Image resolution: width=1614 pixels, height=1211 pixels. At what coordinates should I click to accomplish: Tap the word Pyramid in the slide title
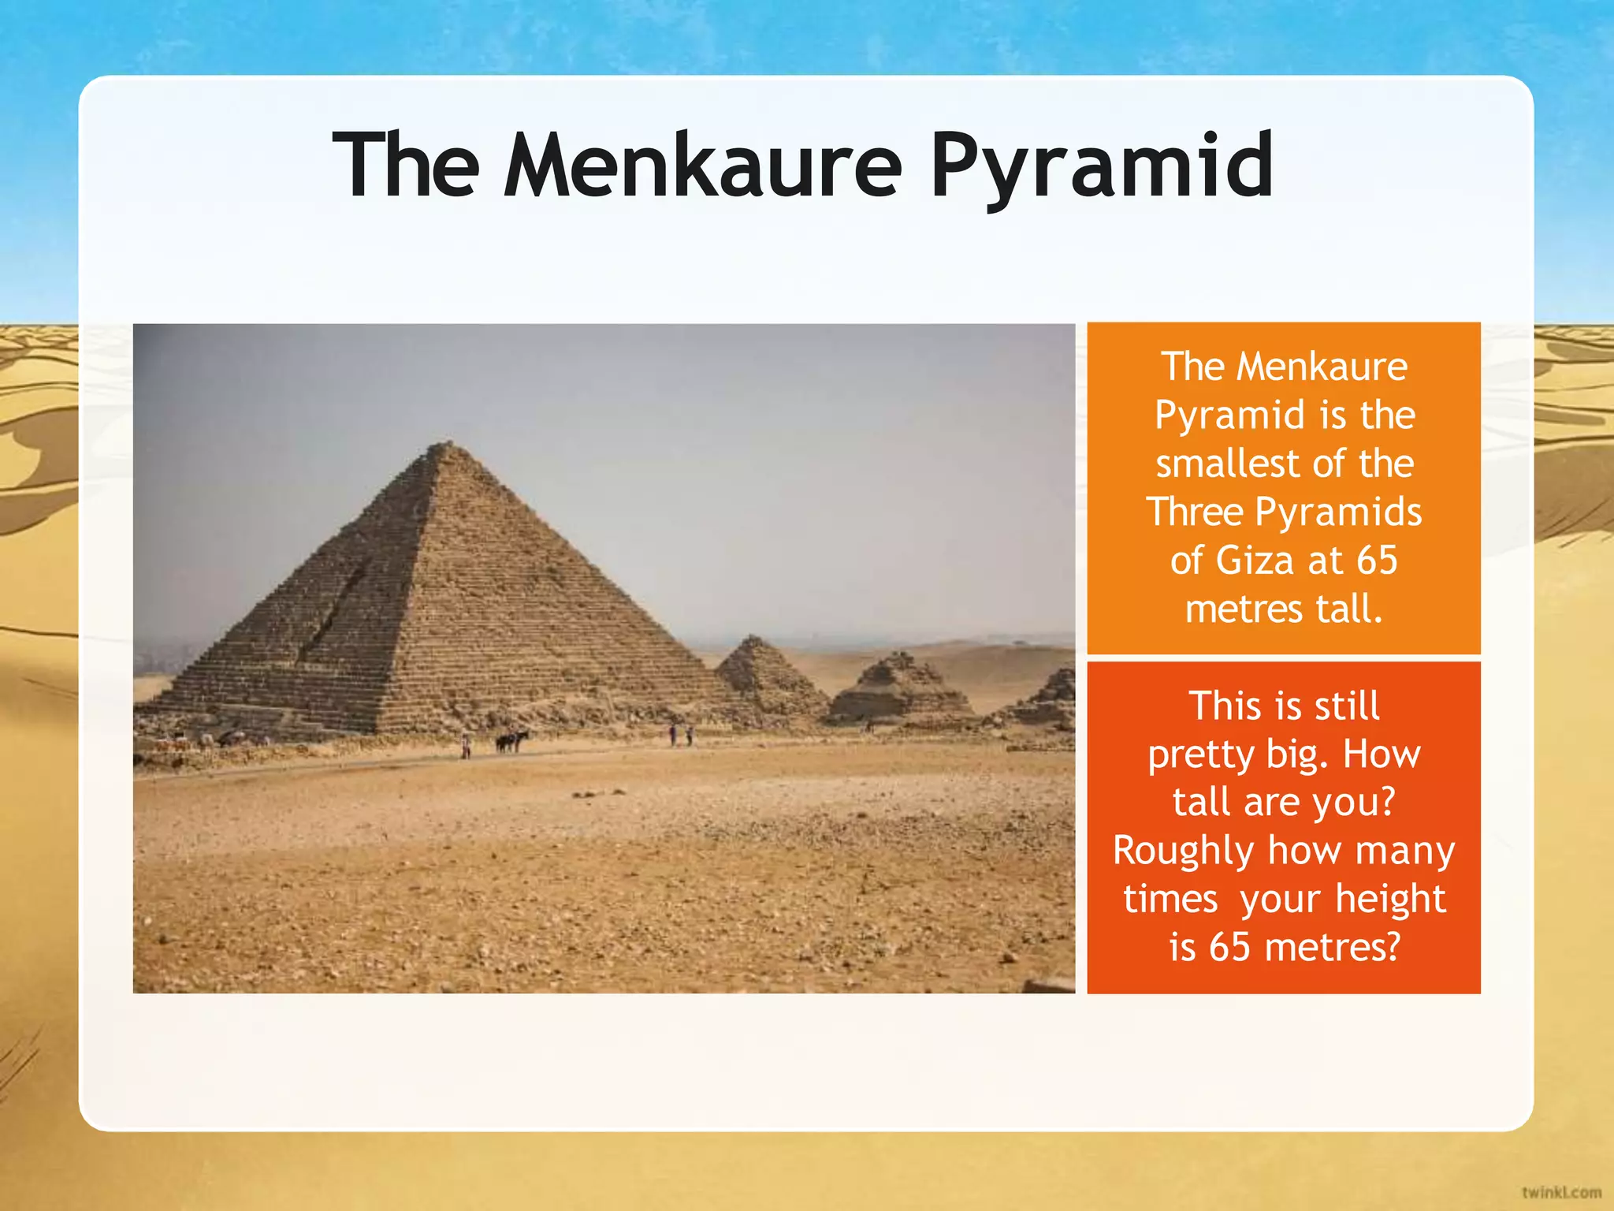pos(1101,167)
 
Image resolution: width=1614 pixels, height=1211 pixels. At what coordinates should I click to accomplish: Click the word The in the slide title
pos(406,166)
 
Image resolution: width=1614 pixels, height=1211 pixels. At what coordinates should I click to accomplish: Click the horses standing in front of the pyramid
pos(511,741)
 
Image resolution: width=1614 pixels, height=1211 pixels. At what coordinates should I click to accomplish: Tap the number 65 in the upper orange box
pos(1377,561)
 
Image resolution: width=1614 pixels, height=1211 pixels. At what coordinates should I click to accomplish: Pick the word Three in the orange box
pos(1195,512)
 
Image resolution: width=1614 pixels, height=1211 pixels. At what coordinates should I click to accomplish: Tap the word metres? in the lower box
pos(1333,948)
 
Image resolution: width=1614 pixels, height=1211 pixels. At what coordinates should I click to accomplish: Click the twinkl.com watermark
pos(1560,1192)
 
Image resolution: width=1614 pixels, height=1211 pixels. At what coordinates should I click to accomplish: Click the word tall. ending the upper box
pos(1348,609)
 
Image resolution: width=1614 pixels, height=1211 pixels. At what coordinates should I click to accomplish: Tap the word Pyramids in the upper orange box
pos(1338,512)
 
